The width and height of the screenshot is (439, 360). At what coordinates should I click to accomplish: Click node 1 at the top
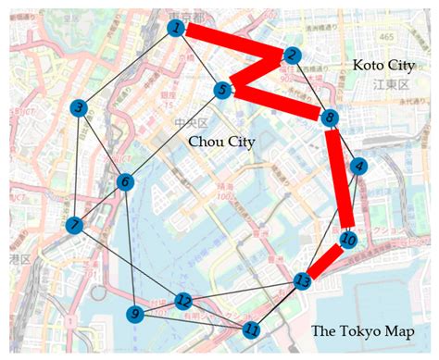click(x=175, y=29)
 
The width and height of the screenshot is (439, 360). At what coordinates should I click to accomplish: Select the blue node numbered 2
click(x=293, y=56)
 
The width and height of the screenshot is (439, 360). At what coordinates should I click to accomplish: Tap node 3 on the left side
click(x=81, y=108)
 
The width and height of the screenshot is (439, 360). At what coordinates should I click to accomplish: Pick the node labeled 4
click(x=358, y=167)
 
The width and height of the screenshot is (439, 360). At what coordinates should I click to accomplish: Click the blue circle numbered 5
click(x=222, y=90)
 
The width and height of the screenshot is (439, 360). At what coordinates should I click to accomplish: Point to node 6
click(x=124, y=181)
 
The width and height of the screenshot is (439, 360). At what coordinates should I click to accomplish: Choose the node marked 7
click(x=74, y=225)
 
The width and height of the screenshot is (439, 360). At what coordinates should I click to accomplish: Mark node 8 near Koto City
click(x=329, y=117)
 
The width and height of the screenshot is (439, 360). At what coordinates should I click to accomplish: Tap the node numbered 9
click(x=136, y=315)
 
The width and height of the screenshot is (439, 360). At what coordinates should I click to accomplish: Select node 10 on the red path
click(x=348, y=241)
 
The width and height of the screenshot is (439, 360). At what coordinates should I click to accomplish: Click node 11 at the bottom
click(x=252, y=329)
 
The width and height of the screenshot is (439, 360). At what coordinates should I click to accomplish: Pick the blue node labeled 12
click(x=183, y=301)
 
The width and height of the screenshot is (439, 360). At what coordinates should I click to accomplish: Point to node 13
click(x=302, y=280)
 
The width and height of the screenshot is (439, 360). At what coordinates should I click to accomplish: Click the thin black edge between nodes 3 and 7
click(x=77, y=167)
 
